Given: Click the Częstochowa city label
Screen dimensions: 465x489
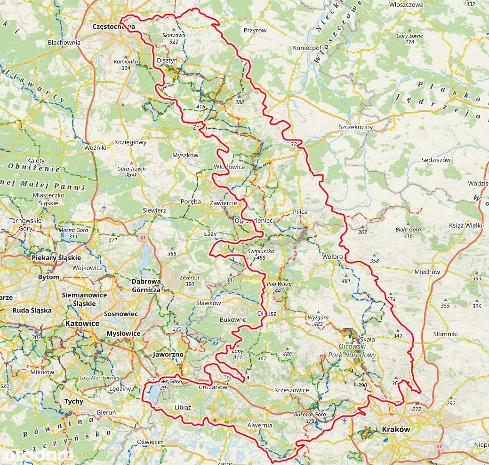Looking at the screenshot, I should click(114, 27).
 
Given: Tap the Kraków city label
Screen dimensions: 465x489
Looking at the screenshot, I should click(396, 429).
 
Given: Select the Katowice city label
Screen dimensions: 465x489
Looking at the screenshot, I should click(82, 324).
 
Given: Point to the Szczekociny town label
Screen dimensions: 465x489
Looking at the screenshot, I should click(356, 127).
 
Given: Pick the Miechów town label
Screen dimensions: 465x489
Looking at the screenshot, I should click(427, 272).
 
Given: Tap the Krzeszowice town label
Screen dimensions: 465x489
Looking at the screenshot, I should click(291, 390).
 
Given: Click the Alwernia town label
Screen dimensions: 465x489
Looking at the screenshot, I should click(260, 426).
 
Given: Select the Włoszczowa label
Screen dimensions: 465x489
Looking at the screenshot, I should click(407, 5).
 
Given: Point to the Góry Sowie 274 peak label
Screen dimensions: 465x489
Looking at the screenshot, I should click(409, 39).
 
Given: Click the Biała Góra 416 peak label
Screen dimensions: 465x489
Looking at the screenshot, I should click(408, 232).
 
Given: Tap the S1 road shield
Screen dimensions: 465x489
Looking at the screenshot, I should click(143, 238).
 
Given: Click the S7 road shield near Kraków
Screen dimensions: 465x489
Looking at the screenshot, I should click(439, 446).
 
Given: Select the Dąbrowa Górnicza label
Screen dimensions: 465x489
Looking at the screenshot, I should click(146, 286).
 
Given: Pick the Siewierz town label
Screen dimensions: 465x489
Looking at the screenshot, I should click(154, 211).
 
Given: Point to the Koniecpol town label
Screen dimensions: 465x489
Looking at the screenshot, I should click(306, 48).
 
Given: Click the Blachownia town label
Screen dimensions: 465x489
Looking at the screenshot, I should click(64, 42).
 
